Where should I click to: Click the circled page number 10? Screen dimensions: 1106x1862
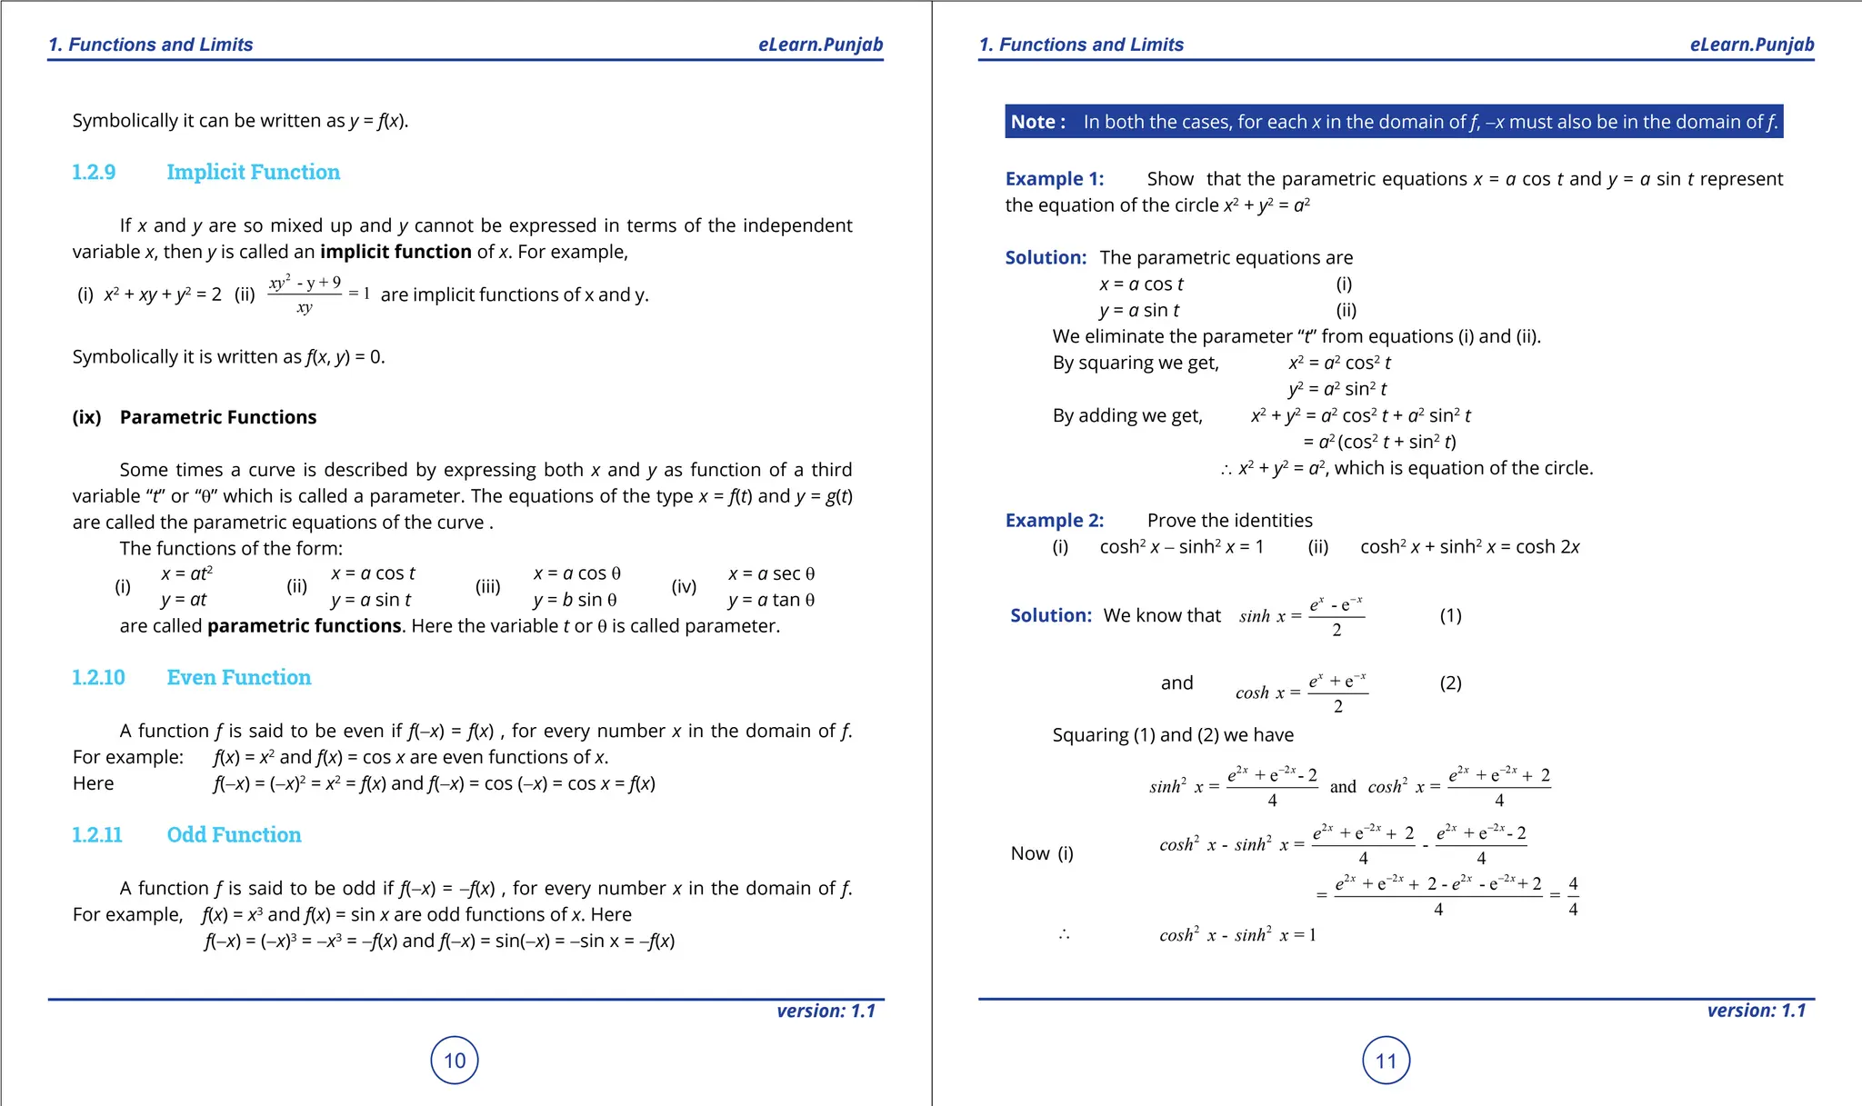(455, 1060)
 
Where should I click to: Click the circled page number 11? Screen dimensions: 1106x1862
(1386, 1060)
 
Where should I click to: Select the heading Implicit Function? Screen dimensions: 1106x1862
(253, 172)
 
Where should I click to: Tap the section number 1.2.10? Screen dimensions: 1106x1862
(98, 677)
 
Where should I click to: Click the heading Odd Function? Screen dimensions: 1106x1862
(234, 834)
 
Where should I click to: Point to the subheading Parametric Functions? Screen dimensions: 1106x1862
(218, 417)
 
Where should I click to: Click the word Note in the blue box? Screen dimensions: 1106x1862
(1033, 122)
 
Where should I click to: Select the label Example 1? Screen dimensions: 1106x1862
(1054, 179)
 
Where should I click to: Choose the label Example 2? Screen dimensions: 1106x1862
(1054, 521)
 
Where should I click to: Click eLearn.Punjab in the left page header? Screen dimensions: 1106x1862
(820, 45)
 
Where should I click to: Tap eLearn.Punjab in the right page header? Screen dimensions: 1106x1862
(1751, 45)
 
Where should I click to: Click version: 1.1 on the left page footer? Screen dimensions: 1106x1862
(826, 1011)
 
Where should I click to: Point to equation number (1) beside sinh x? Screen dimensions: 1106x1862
(1450, 615)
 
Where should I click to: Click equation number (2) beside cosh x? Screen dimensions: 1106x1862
(1450, 683)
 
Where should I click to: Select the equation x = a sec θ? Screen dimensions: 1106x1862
(771, 573)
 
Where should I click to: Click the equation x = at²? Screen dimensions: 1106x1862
(186, 573)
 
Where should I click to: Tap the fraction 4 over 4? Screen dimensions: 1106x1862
(1573, 896)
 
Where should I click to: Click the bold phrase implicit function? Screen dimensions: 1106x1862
(395, 252)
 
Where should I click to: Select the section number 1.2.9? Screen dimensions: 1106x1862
(94, 172)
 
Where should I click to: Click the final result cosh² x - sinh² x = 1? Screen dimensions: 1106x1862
(1236, 934)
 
